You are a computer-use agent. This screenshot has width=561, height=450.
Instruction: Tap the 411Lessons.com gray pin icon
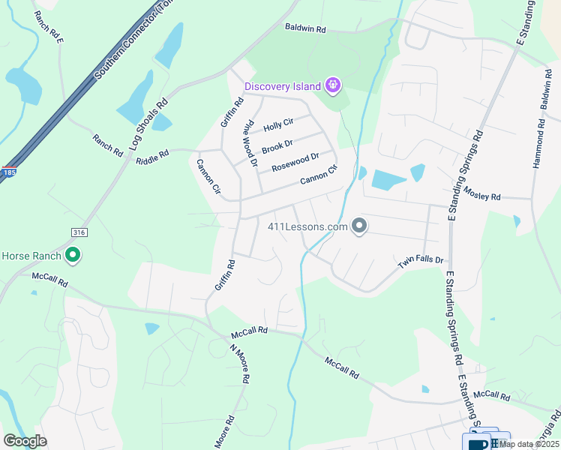click(x=359, y=226)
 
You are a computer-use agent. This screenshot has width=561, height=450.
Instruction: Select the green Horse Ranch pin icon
click(x=73, y=256)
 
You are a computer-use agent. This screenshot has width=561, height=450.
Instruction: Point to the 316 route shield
click(x=76, y=232)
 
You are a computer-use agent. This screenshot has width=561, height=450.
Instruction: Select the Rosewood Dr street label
click(x=295, y=162)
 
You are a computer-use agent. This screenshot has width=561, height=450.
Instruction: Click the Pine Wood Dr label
click(x=250, y=142)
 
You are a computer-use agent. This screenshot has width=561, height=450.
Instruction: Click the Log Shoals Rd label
click(x=149, y=124)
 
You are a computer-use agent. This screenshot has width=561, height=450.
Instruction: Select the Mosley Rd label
click(x=481, y=193)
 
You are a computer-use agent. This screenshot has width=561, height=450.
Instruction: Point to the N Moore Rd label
click(x=238, y=363)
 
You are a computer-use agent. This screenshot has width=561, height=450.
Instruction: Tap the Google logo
click(x=25, y=441)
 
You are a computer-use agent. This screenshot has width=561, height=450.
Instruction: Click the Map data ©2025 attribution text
click(x=529, y=444)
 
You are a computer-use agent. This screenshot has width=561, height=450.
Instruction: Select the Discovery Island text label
click(x=282, y=87)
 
